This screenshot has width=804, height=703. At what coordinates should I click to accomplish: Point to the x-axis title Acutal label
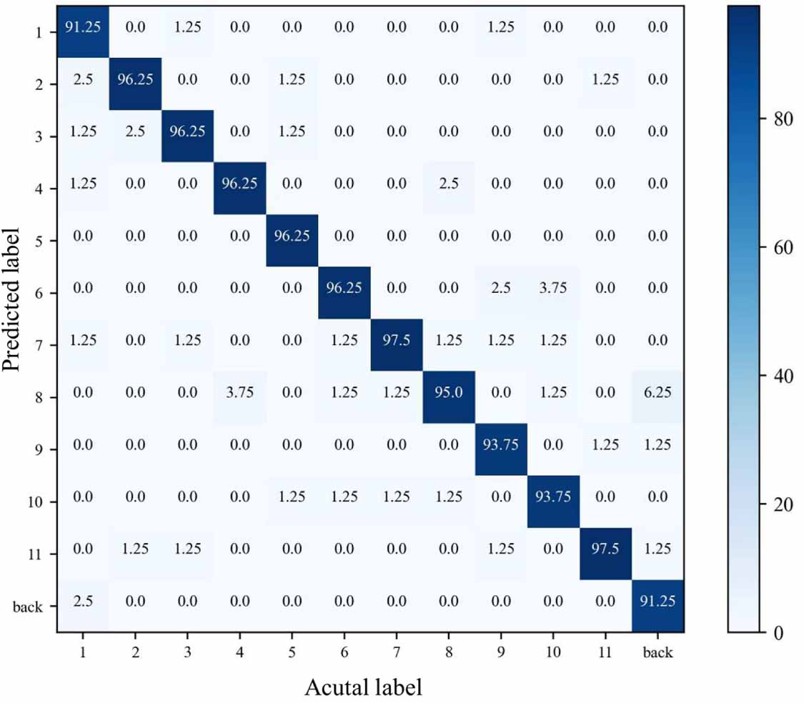pyautogui.click(x=363, y=687)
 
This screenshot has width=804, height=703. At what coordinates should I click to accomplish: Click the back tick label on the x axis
pyautogui.click(x=658, y=653)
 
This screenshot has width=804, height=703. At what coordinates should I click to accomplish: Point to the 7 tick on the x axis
pyautogui.click(x=397, y=653)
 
